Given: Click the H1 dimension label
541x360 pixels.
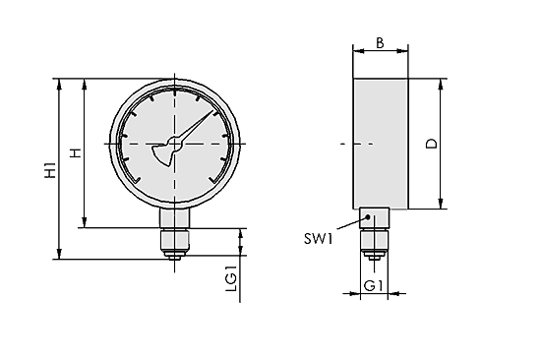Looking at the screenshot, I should coord(49,169).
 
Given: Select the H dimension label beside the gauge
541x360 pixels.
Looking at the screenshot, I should coord(74,153).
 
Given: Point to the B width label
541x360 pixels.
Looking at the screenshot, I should coord(380,44).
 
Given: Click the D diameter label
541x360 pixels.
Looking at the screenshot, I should coord(430,145).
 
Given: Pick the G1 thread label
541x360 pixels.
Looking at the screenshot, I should coord(374,285).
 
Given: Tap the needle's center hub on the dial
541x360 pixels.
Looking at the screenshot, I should coord(176,145).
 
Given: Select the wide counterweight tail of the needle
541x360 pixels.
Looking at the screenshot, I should coord(161,155).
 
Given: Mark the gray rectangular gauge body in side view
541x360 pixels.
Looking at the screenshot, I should coord(380,143).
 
